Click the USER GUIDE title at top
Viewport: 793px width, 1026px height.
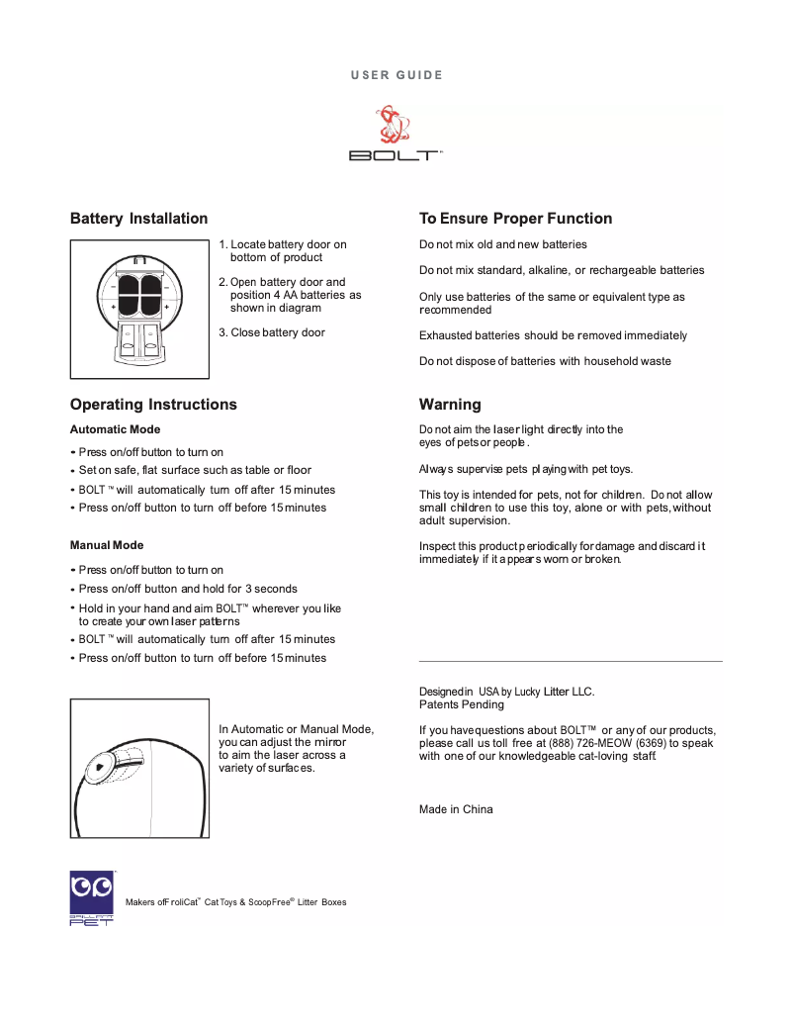[396, 75]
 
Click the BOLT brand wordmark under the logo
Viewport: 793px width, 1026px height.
[395, 155]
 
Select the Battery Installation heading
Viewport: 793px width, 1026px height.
[138, 219]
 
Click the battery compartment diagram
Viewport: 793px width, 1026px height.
[139, 309]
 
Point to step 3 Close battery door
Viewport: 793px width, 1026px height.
[272, 332]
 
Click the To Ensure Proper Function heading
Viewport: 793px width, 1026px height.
[515, 219]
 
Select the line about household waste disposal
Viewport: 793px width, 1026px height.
[545, 361]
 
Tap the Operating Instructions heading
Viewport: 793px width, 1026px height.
[153, 405]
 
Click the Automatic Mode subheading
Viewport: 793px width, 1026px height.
[115, 429]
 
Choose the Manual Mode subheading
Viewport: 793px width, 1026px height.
[107, 545]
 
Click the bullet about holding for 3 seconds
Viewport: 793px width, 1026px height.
[188, 589]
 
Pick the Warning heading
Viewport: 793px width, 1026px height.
[450, 405]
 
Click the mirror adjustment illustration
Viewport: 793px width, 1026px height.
[139, 768]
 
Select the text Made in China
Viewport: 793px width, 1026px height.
[456, 809]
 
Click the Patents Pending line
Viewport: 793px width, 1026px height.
[462, 704]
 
